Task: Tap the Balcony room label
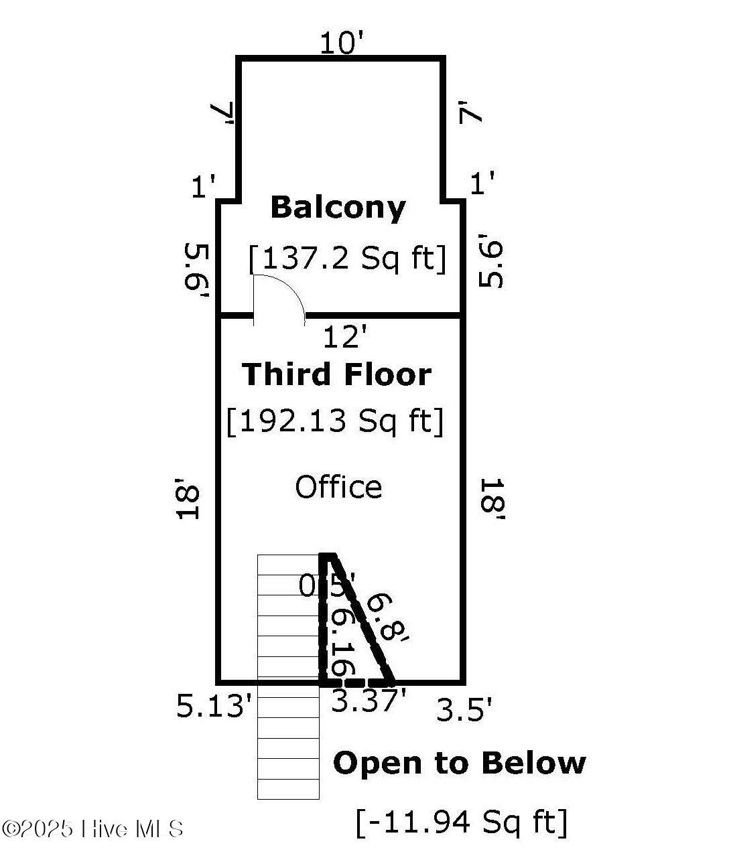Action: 338,208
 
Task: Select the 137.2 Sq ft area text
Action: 347,258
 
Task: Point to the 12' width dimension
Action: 345,337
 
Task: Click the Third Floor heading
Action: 336,374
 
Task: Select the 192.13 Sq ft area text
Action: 335,421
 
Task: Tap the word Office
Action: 338,487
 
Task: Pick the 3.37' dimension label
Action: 369,701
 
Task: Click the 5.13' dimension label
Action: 215,706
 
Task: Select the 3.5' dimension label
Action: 464,710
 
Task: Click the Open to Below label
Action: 459,763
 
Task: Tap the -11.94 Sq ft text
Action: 462,822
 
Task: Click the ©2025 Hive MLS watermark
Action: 92,829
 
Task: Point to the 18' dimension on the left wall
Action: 189,498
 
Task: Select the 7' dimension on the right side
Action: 470,111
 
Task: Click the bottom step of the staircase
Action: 288,789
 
